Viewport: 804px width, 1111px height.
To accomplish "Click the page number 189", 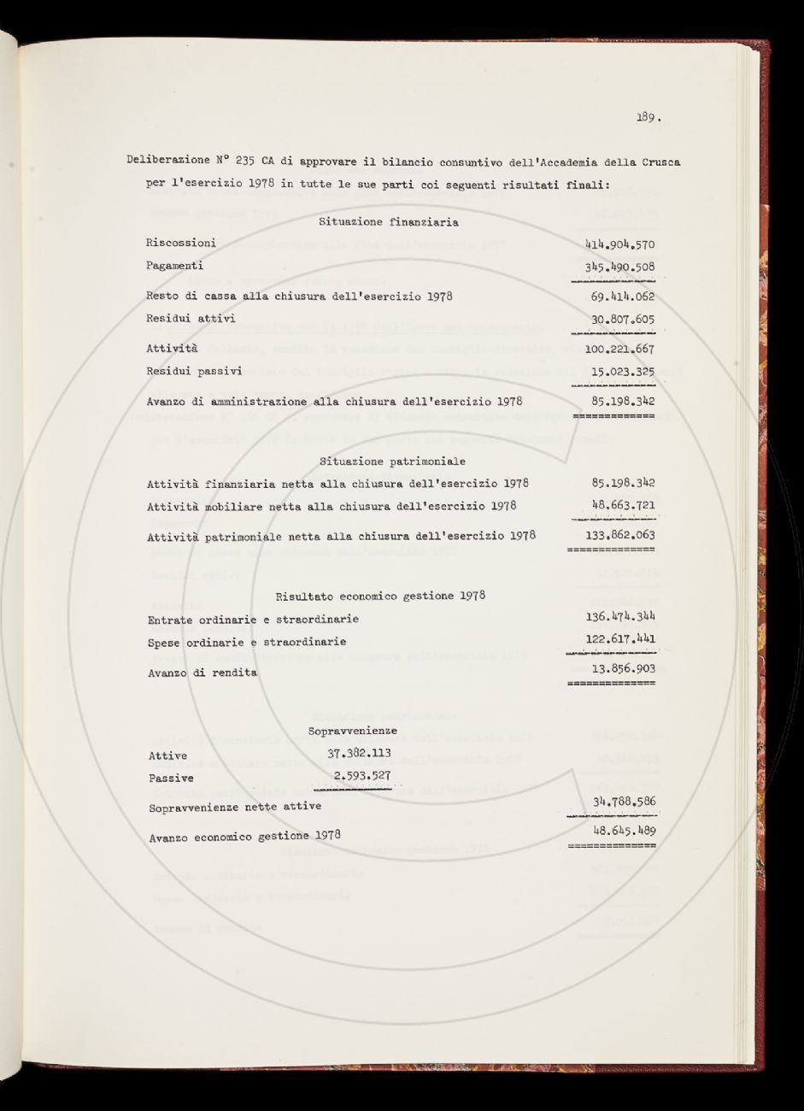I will coord(648,118).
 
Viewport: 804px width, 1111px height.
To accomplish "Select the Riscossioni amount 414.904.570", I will coord(619,244).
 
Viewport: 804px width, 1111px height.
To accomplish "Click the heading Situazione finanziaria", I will coord(388,222).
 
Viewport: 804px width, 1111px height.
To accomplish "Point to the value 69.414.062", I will coord(623,297).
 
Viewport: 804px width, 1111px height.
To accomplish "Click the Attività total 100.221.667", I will coord(619,349).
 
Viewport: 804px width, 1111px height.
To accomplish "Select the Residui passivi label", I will coord(194,371).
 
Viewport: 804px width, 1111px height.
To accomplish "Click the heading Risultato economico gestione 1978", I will coord(380,595).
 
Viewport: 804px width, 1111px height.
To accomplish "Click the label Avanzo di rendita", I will coord(202,673).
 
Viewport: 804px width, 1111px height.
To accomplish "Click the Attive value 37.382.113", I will coord(359,753).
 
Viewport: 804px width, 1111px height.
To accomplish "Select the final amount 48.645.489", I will coord(623,831).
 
